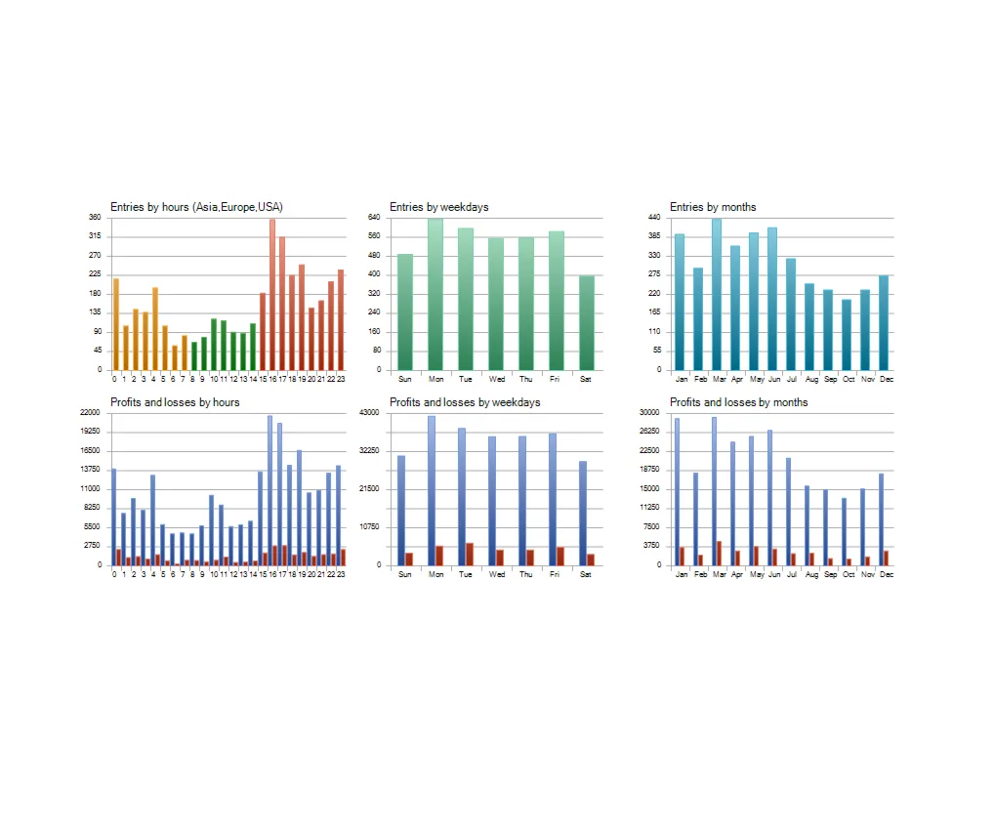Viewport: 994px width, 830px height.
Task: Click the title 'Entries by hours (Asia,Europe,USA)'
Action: (x=196, y=207)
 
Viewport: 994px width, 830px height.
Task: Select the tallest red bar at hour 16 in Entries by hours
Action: (x=272, y=293)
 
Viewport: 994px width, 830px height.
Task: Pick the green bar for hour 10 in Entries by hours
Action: (x=214, y=344)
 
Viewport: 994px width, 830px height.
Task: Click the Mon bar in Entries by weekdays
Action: (x=435, y=293)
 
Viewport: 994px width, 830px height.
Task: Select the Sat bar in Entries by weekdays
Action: (x=586, y=322)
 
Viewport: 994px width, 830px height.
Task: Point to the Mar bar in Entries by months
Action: (x=717, y=293)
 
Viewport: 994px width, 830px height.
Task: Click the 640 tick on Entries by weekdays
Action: (x=374, y=217)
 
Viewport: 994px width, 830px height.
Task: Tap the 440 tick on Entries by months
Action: (x=653, y=217)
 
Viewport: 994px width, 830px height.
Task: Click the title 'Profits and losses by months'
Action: (x=738, y=402)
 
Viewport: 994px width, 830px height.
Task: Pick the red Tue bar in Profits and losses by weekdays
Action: (x=470, y=554)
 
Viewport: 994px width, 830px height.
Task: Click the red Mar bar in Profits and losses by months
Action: (x=720, y=553)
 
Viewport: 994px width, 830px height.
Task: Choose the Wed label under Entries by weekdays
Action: (x=496, y=379)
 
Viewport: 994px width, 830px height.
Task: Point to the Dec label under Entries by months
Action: (x=886, y=379)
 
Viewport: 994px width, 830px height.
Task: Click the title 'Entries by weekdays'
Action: (x=438, y=207)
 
